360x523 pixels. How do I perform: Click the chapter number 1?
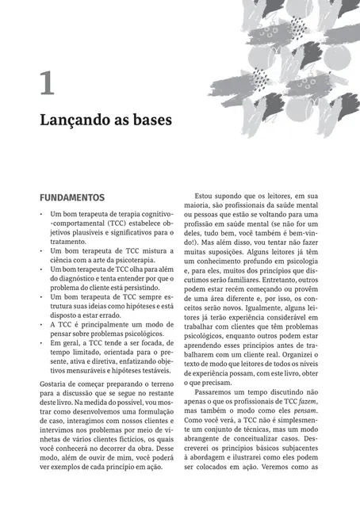47,83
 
